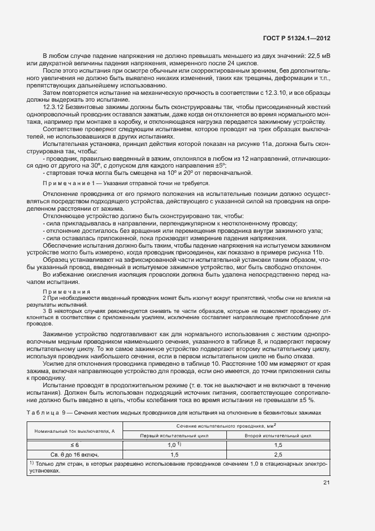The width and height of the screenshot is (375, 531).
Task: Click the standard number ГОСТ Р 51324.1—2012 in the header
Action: (297, 39)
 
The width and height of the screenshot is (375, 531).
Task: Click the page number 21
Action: (326, 483)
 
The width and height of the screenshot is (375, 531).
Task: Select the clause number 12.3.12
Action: (54, 107)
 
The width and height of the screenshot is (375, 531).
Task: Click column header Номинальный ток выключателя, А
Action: (74, 431)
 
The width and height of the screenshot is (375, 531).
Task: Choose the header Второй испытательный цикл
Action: (277, 436)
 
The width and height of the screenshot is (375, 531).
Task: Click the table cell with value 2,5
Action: (277, 455)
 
